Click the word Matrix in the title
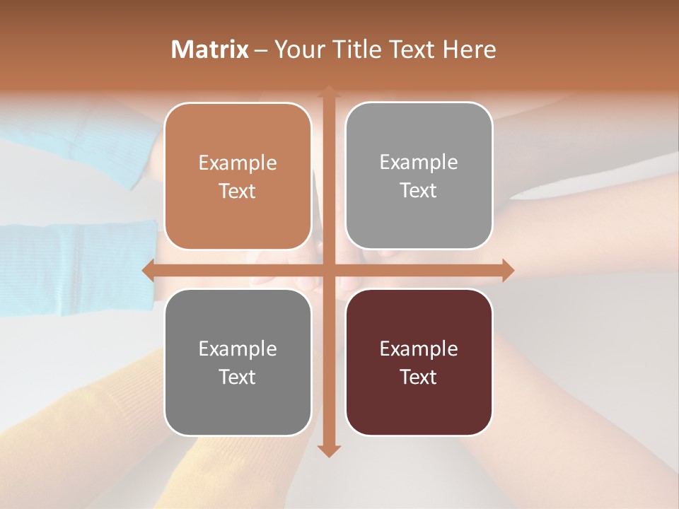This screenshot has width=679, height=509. tap(210, 49)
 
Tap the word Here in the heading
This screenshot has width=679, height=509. tap(470, 49)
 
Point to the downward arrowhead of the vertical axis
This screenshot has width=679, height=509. tap(328, 450)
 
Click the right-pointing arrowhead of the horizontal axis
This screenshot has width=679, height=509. tap(507, 270)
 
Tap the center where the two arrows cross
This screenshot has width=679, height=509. tap(328, 270)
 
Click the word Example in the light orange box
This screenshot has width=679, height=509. tap(238, 163)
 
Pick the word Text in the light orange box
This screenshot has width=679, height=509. tap(238, 192)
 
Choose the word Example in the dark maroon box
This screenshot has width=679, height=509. tap(419, 349)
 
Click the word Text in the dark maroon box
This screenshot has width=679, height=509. tap(419, 377)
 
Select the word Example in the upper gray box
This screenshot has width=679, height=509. tap(419, 163)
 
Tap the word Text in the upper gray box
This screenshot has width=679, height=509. tap(419, 191)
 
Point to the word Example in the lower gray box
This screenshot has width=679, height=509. tap(238, 349)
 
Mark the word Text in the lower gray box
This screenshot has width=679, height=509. tap(238, 377)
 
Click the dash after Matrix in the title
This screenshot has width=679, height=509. tap(262, 50)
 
